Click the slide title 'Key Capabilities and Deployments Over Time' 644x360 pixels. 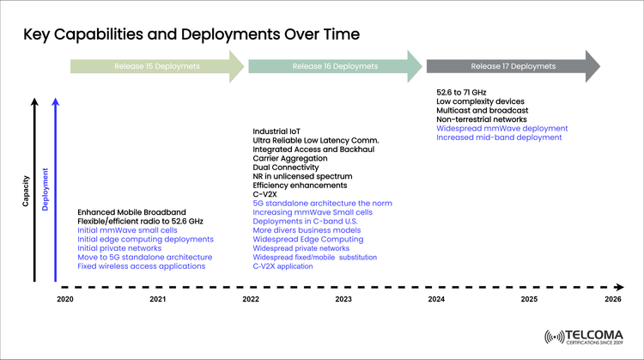click(191, 34)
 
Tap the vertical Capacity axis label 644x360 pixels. click(27, 191)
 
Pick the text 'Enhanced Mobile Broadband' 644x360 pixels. click(132, 211)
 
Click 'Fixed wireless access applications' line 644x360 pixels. click(142, 266)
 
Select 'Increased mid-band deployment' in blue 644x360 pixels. click(499, 137)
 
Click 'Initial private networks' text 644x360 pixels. click(120, 248)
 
